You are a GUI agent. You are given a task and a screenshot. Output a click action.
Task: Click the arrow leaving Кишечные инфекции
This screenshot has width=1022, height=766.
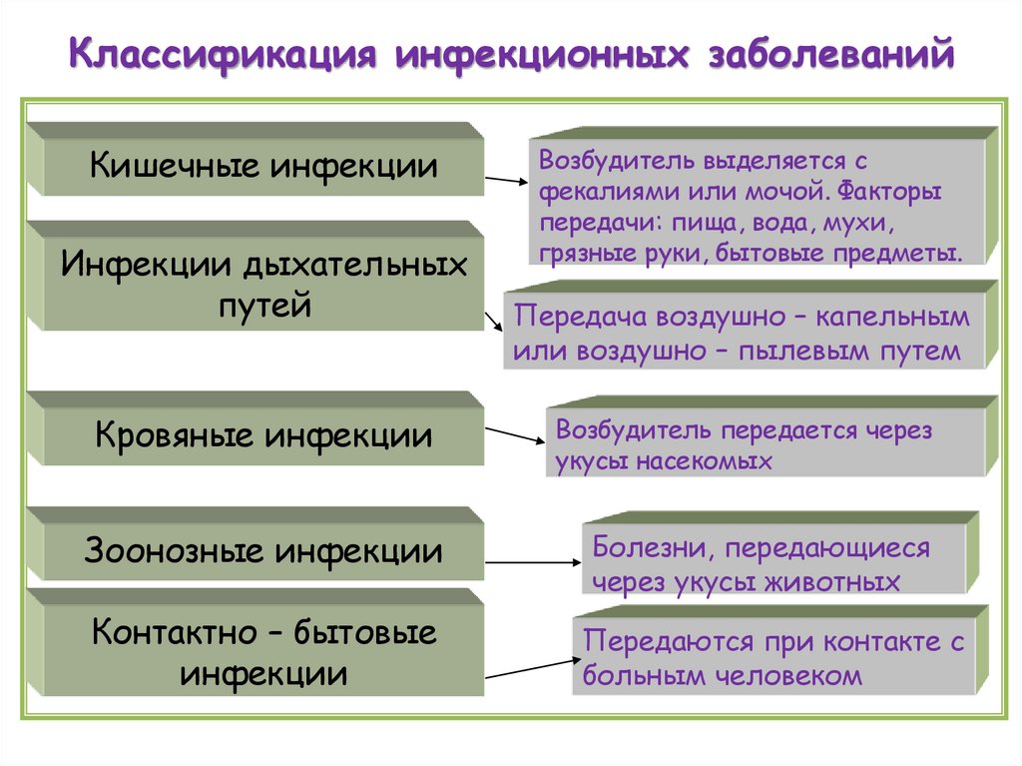pos(507,181)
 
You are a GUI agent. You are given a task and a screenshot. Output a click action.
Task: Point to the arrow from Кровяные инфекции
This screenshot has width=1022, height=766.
pos(515,436)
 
